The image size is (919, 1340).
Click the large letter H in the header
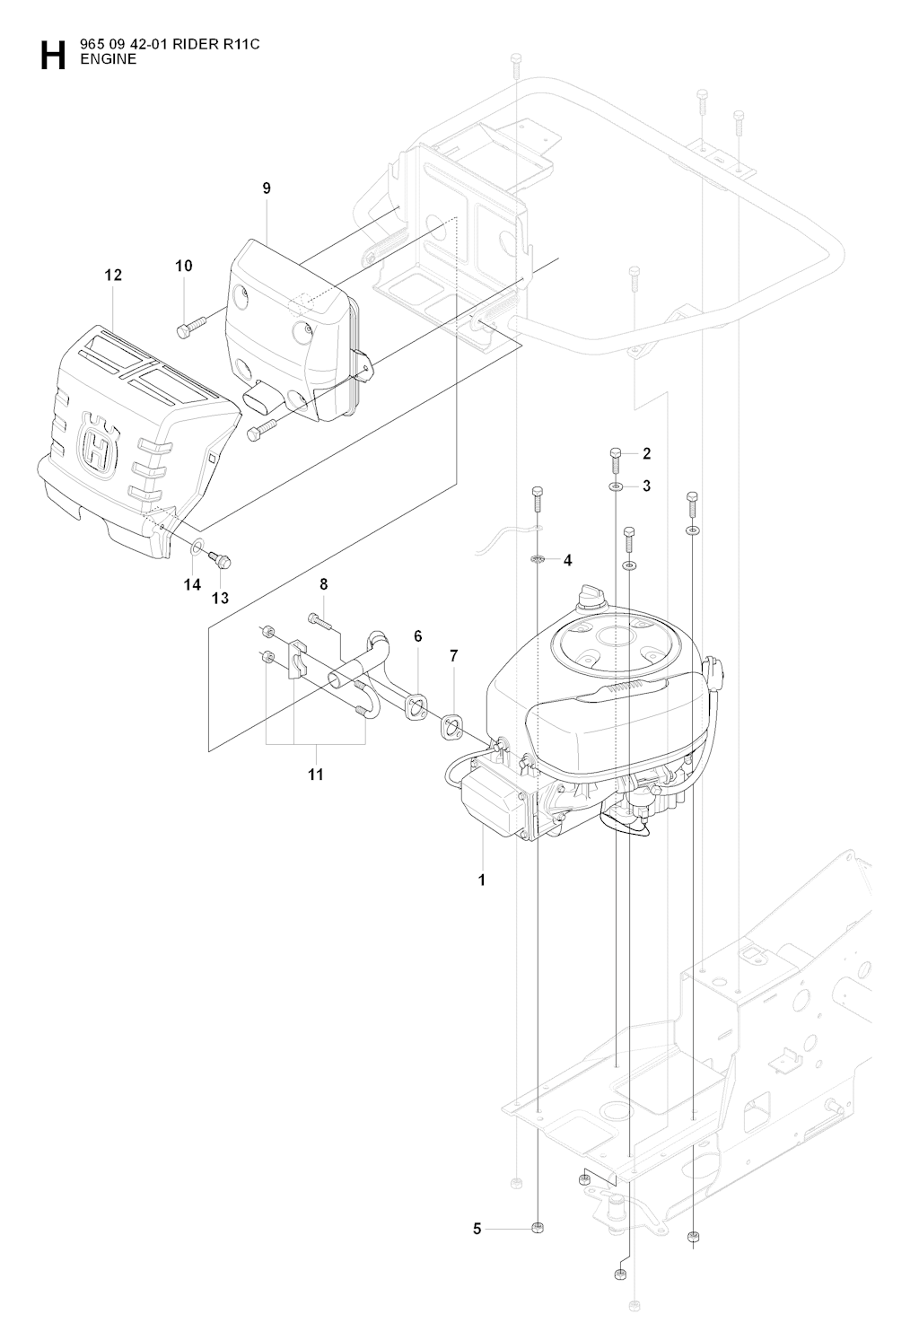[52, 56]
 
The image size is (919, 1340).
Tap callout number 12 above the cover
[113, 276]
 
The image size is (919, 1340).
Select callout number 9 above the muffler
[267, 188]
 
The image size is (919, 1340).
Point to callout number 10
[183, 266]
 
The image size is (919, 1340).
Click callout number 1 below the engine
[482, 880]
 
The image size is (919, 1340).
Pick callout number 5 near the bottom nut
[477, 1228]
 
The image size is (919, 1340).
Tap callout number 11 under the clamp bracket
[315, 774]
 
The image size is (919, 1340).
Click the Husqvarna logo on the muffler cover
[94, 443]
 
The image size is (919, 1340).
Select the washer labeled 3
[615, 486]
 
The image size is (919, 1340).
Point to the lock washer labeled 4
[537, 559]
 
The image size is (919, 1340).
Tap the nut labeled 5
[537, 1227]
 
